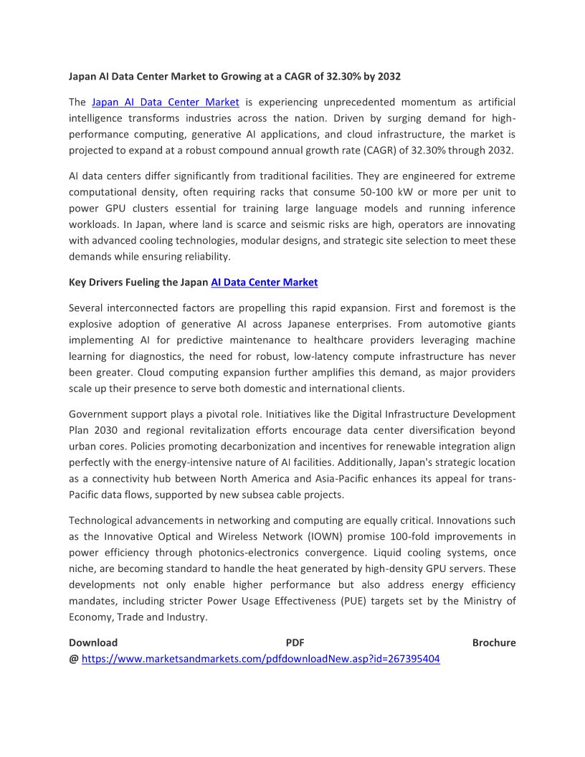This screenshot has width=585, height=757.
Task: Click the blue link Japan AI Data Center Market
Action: coord(165,102)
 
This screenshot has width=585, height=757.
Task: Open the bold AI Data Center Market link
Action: coord(264,282)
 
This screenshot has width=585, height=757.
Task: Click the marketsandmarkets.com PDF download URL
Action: coord(260,659)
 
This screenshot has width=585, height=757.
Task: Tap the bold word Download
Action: coord(93,642)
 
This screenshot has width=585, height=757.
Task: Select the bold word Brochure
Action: coord(494,642)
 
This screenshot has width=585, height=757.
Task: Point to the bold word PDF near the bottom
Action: coord(295,642)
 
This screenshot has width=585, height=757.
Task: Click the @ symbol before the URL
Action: coord(73,659)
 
